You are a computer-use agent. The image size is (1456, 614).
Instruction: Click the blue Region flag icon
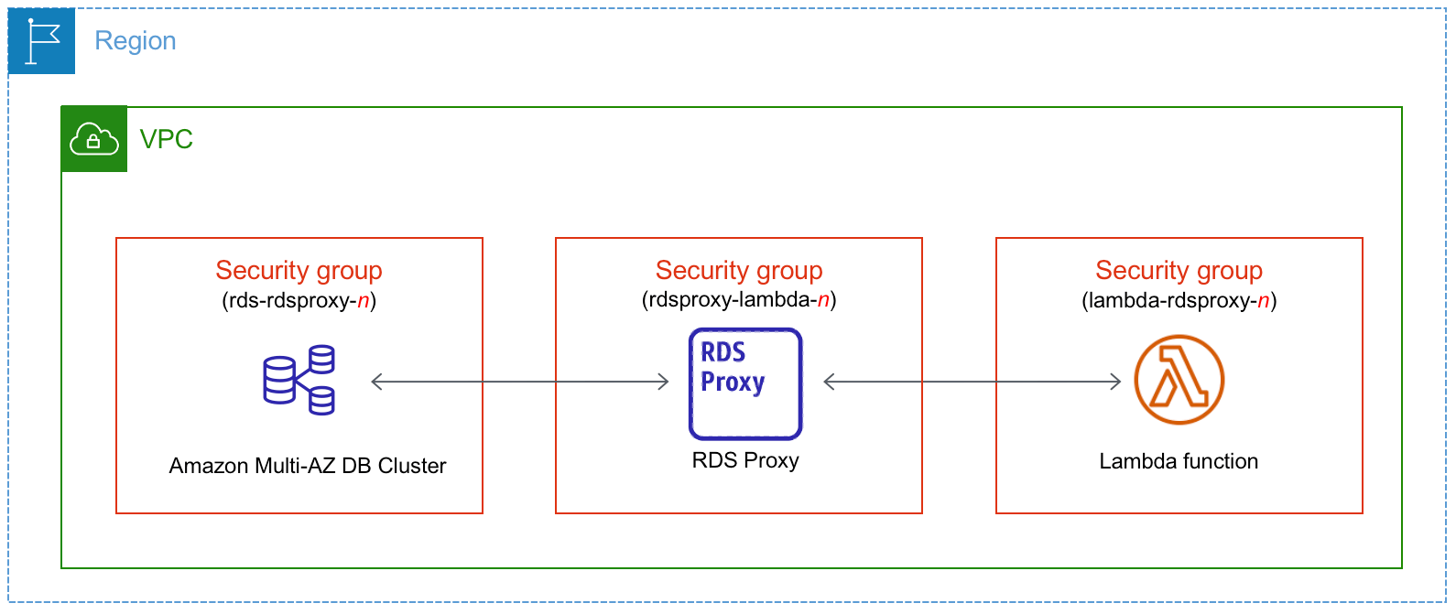point(42,41)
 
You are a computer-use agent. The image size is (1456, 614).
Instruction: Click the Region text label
point(136,41)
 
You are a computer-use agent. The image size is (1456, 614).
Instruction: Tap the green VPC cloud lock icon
point(94,139)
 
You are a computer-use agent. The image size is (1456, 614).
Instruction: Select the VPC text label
point(166,139)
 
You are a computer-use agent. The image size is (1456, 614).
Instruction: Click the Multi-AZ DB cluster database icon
point(299,380)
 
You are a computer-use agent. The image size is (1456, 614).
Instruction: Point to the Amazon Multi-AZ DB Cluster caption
point(308,466)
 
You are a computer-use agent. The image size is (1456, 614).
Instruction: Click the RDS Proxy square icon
point(745,383)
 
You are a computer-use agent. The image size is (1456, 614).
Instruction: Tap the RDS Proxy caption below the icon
point(745,460)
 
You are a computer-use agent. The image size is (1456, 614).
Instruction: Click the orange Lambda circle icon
point(1179,380)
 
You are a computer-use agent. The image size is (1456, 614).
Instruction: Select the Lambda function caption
point(1179,461)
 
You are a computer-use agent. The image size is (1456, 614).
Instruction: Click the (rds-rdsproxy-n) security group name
point(299,300)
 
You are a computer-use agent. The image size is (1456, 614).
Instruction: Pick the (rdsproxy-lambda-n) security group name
point(739,299)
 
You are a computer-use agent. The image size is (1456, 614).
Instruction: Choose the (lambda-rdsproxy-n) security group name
point(1179,300)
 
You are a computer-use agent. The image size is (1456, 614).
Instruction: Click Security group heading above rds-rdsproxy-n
point(299,270)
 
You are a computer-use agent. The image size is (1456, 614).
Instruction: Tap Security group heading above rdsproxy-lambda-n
point(739,270)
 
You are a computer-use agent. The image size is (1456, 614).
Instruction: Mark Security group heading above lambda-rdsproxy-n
point(1179,270)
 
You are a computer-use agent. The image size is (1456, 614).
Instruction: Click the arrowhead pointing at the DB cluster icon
point(375,382)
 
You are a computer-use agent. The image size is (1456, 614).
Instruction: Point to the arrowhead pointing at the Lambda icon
point(1115,382)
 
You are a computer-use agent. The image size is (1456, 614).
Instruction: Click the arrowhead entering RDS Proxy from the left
point(664,382)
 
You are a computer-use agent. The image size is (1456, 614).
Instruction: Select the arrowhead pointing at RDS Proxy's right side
point(829,382)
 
